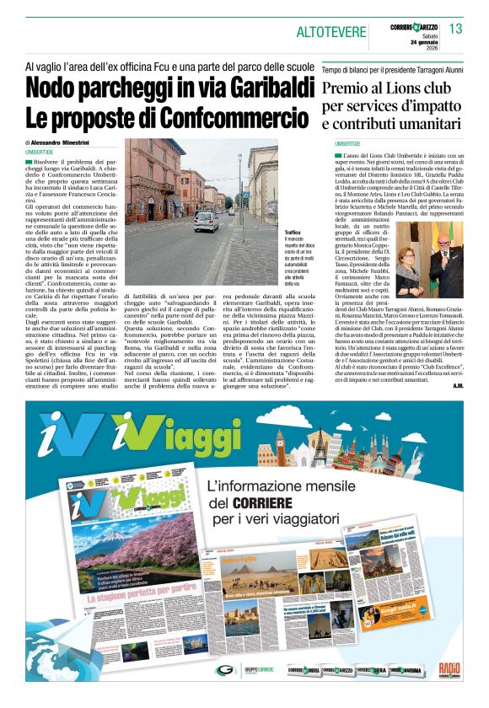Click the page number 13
455,29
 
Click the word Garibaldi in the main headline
262,88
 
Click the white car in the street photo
206,221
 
